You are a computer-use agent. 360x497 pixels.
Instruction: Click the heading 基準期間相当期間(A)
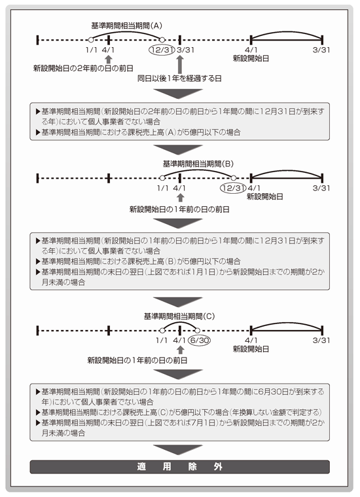tap(126, 26)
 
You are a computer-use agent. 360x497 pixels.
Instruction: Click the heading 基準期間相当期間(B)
tap(198, 164)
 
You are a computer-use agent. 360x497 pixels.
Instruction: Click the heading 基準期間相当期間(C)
tap(179, 316)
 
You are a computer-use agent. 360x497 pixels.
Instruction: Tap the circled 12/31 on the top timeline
tap(162, 50)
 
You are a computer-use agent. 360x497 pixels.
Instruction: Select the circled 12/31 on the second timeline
tap(233, 188)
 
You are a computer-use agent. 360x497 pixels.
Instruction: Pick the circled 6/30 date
tap(199, 341)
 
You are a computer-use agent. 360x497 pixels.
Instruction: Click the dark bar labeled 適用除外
tap(180, 467)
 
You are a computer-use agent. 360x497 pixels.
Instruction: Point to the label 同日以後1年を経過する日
tap(179, 79)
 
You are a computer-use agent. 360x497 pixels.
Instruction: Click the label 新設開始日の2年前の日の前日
tap(83, 68)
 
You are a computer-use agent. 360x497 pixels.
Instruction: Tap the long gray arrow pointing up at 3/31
tap(180, 65)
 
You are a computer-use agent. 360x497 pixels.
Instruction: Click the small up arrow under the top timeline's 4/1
tap(109, 60)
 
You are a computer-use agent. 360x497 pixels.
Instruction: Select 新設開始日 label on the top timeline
tap(251, 58)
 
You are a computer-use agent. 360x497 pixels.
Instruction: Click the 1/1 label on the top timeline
tap(91, 50)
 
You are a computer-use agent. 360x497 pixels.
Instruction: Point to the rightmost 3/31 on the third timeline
tap(321, 341)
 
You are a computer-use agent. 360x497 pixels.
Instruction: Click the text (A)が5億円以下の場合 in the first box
tap(203, 132)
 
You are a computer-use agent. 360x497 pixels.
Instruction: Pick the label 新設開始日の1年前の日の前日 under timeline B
tap(179, 209)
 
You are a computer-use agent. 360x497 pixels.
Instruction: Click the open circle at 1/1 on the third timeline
tap(162, 331)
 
